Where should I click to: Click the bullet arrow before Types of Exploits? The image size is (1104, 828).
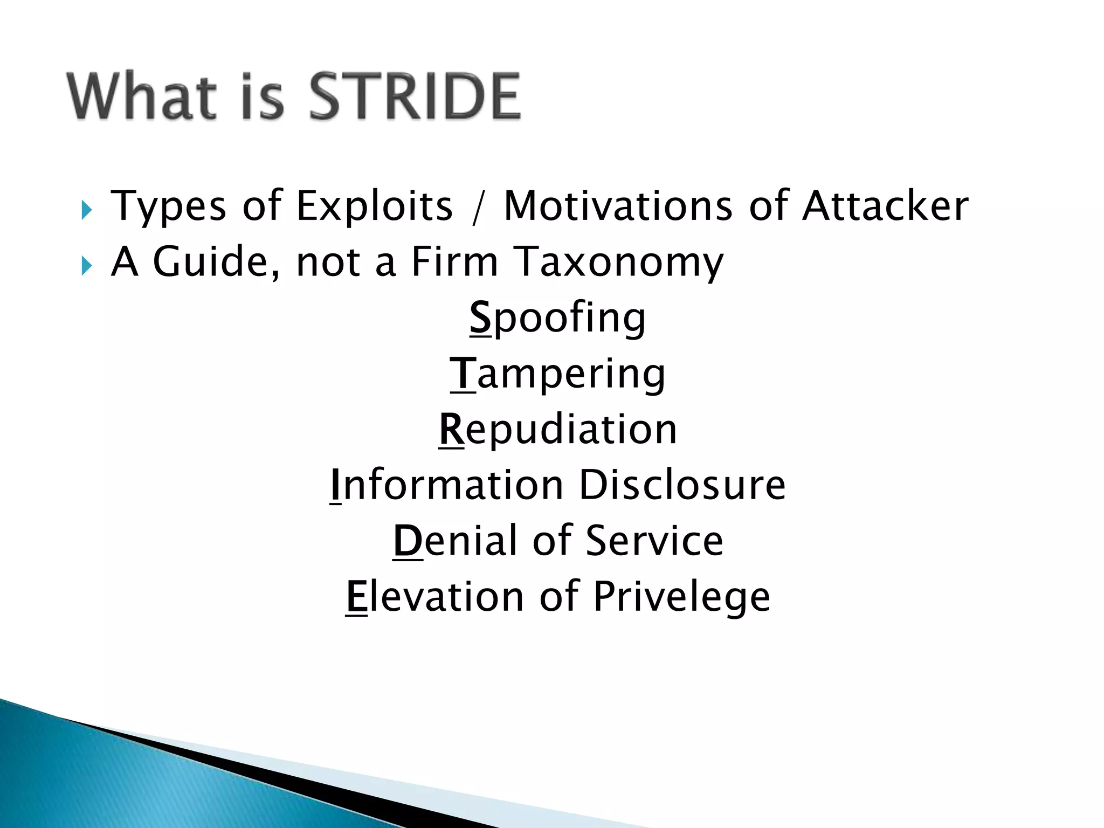pyautogui.click(x=87, y=210)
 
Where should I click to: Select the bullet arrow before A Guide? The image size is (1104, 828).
pyautogui.click(x=87, y=265)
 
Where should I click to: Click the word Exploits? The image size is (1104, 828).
pyautogui.click(x=375, y=206)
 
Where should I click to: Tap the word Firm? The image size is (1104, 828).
pyautogui.click(x=454, y=262)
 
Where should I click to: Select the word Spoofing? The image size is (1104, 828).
pyautogui.click(x=557, y=319)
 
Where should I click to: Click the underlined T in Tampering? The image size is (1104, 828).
pyautogui.click(x=463, y=374)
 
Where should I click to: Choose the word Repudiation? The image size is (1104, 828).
pyautogui.click(x=557, y=430)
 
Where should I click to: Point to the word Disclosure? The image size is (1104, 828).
pyautogui.click(x=682, y=485)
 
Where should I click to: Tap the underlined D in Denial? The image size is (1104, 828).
pyautogui.click(x=408, y=541)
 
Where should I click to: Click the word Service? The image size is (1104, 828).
pyautogui.click(x=654, y=541)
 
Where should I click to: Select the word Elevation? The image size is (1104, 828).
pyautogui.click(x=434, y=597)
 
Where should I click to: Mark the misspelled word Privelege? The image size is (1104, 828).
pyautogui.click(x=681, y=598)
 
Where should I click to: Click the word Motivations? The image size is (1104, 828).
pyautogui.click(x=618, y=206)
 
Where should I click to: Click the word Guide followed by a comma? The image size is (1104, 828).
pyautogui.click(x=216, y=262)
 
